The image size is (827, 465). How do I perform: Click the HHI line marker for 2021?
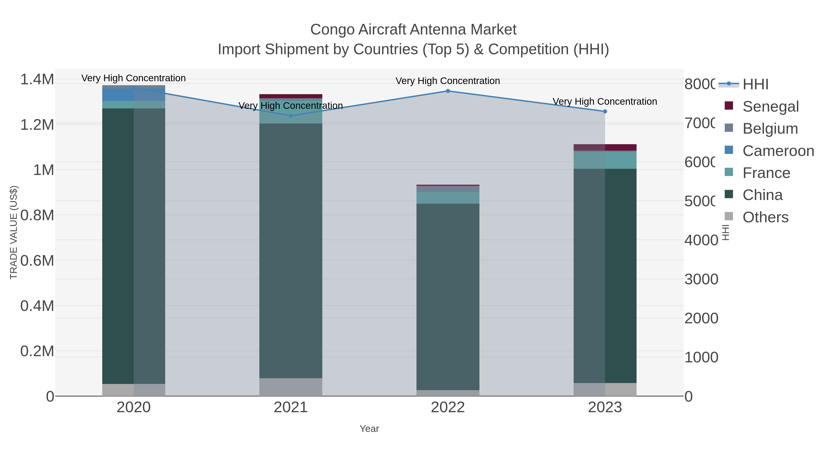pyautogui.click(x=291, y=116)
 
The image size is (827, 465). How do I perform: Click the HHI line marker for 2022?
pyautogui.click(x=448, y=91)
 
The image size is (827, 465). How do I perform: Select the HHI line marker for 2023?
pyautogui.click(x=605, y=111)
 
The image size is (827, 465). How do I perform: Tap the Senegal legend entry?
pyautogui.click(x=770, y=107)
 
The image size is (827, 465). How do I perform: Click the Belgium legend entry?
pyautogui.click(x=770, y=129)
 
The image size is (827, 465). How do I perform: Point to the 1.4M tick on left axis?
pyautogui.click(x=37, y=79)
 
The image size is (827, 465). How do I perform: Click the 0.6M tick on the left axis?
pyautogui.click(x=37, y=261)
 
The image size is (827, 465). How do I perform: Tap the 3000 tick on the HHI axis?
pyautogui.click(x=701, y=279)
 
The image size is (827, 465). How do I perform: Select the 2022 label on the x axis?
pyautogui.click(x=448, y=408)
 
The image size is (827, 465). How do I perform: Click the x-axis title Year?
pyautogui.click(x=369, y=429)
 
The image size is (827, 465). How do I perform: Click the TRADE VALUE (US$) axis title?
pyautogui.click(x=14, y=232)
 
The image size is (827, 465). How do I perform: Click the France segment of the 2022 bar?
pyautogui.click(x=448, y=198)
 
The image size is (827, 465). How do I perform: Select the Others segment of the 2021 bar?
pyautogui.click(x=291, y=387)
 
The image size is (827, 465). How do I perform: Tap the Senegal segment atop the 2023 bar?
pyautogui.click(x=605, y=147)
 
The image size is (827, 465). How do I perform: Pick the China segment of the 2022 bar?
pyautogui.click(x=448, y=297)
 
